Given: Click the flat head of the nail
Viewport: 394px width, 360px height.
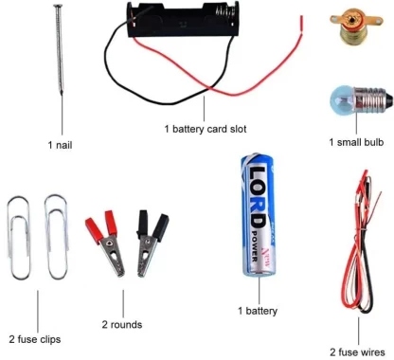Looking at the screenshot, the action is (57, 6).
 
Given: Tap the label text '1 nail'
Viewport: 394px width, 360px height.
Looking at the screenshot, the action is (60, 145).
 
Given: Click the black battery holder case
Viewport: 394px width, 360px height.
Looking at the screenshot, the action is (183, 20).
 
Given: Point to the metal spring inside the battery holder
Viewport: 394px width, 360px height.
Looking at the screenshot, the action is (225, 12).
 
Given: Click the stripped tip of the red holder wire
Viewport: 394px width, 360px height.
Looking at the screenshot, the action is (301, 23).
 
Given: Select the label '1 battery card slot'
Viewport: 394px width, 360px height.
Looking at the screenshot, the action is (206, 129).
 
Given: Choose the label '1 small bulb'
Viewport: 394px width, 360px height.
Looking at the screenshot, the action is (356, 142).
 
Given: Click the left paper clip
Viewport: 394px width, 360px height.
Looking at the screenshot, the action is (20, 238).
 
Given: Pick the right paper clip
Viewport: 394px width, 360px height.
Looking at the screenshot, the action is (56, 237).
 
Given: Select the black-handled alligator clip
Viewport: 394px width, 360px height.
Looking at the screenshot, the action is (152, 243).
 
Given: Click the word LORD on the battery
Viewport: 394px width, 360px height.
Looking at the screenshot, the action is (258, 197).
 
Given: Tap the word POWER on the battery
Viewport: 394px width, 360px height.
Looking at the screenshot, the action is (254, 246).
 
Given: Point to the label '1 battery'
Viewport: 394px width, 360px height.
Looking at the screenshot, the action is (258, 311).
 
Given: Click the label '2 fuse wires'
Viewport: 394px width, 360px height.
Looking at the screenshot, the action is (357, 352).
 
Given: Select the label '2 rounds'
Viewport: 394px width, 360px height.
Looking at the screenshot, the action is (122, 324).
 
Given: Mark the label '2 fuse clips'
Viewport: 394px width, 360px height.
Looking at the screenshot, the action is (35, 339).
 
